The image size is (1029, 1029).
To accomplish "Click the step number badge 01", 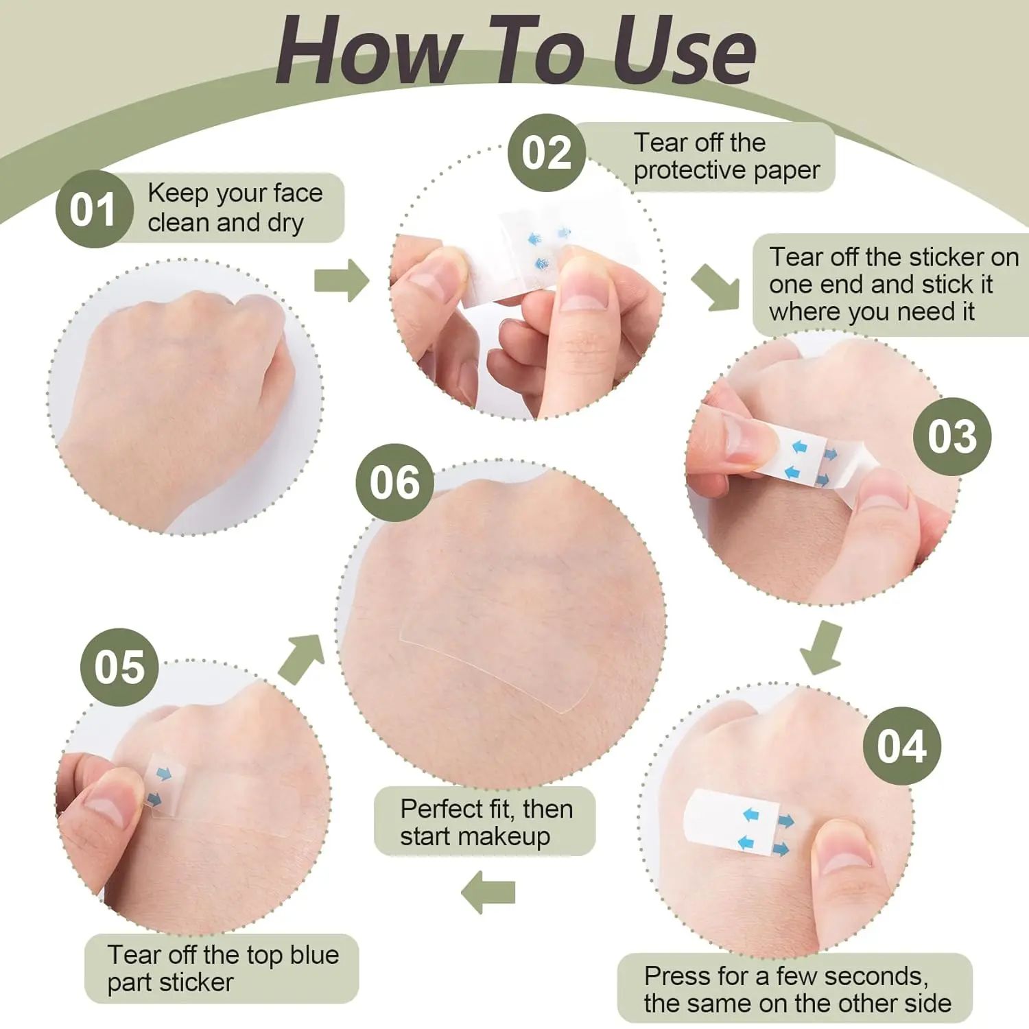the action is tap(94, 209).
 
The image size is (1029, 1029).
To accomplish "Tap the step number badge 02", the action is tap(547, 152).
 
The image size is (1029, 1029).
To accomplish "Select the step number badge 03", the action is tap(952, 436).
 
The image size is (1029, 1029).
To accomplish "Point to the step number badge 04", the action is tap(901, 746).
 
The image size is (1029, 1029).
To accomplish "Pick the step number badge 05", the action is tap(119, 667).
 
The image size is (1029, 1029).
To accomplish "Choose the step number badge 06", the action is tap(394, 482).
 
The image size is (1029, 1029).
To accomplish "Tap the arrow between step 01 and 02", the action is tap(342, 280).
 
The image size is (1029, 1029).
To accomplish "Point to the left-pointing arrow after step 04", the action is tap(488, 892).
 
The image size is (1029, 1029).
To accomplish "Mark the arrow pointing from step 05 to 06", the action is tap(302, 657).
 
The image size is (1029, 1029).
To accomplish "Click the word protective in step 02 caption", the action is tap(689, 171).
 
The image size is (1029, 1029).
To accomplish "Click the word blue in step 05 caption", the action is tap(314, 954).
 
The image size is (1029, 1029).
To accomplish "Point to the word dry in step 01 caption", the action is tap(285, 224).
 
